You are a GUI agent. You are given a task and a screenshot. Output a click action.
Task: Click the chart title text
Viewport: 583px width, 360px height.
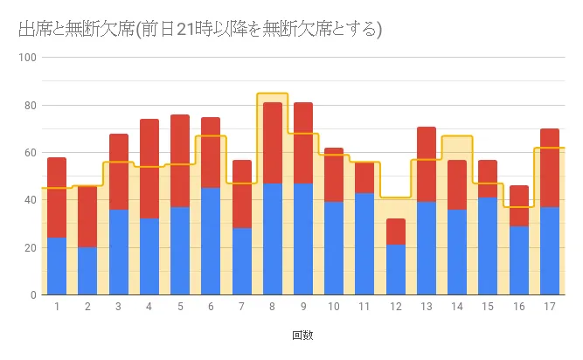(x=199, y=29)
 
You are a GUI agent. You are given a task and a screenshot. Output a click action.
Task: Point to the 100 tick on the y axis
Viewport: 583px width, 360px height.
(x=26, y=59)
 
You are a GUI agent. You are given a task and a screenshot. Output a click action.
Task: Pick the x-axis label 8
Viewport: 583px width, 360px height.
(x=272, y=307)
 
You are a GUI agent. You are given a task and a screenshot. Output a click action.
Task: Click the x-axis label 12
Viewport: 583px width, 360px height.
(x=395, y=307)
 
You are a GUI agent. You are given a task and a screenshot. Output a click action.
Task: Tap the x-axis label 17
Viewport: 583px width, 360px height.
(x=549, y=307)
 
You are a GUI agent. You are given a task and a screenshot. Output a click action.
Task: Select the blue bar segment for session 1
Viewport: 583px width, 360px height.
(x=57, y=267)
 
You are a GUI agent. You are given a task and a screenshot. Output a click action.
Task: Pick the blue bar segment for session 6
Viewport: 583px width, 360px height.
(x=211, y=241)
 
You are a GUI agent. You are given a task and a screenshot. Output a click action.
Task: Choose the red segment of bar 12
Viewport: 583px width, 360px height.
(x=395, y=232)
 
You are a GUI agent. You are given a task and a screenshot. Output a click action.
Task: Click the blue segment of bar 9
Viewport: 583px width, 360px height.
(x=302, y=239)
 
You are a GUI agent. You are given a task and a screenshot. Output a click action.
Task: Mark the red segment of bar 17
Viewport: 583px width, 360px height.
(x=549, y=168)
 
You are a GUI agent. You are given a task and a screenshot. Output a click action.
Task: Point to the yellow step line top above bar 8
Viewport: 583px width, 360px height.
(x=272, y=93)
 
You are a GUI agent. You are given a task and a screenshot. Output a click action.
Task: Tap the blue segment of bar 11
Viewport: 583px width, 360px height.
(x=364, y=244)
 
